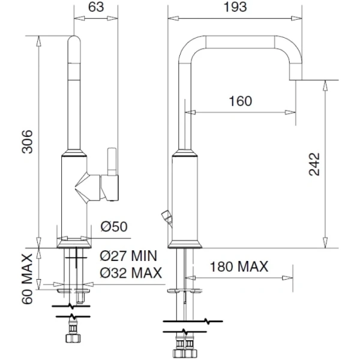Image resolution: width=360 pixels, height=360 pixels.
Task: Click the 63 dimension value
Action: point(96,7)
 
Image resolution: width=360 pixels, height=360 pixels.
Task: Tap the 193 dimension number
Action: point(235,7)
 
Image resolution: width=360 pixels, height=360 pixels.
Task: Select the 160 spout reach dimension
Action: point(241,101)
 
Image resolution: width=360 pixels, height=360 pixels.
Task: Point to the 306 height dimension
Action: point(27,142)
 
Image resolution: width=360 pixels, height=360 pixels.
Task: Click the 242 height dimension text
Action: point(314,164)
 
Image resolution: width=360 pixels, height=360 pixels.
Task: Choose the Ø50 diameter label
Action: point(114,227)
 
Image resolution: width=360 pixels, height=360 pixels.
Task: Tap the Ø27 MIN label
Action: point(128,256)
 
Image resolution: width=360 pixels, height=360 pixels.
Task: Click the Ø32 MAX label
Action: point(131,273)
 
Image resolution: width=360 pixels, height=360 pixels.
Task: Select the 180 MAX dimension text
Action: point(239,266)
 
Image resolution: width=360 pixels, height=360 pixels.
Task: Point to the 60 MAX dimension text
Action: point(28,279)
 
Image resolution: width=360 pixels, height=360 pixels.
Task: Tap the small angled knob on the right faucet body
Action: point(167,217)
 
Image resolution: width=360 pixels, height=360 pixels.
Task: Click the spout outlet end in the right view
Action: point(295,75)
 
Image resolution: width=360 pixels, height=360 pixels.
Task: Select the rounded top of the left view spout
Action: point(74,40)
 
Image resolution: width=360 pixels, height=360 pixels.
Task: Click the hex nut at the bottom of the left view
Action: point(73,338)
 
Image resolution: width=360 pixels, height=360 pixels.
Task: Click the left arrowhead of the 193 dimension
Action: point(173,18)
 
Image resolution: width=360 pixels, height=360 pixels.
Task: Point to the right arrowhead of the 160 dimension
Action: point(290,113)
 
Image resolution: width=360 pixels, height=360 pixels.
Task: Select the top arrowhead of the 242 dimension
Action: point(325,85)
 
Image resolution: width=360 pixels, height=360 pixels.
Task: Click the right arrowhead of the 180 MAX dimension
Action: point(287,278)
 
